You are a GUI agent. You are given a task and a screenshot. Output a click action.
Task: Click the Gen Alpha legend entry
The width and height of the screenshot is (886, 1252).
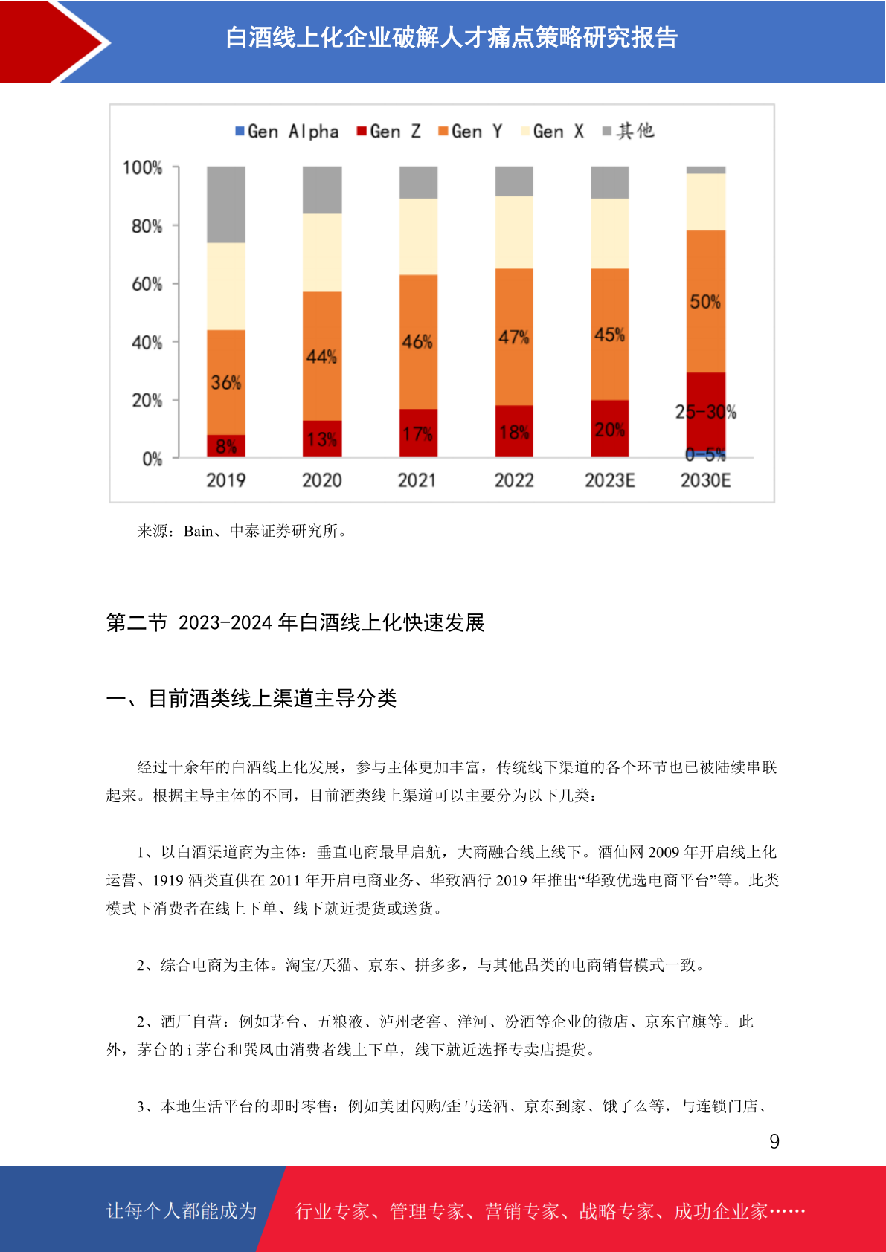pos(287,132)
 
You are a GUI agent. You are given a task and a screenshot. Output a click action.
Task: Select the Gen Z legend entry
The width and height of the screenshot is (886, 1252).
pos(389,132)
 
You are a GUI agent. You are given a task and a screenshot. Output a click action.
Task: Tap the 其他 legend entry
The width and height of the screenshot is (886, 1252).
pos(628,131)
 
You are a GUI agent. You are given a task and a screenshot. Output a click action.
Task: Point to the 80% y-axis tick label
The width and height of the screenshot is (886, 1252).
pos(147,226)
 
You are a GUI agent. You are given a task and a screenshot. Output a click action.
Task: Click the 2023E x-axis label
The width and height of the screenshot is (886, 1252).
pos(610,480)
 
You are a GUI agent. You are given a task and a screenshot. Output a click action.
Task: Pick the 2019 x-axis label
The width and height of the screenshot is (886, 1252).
pos(226,480)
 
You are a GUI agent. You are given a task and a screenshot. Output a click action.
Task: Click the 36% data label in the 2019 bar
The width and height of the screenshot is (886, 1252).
pos(226,382)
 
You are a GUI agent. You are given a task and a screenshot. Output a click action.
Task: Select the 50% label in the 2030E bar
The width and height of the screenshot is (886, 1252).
pos(705,302)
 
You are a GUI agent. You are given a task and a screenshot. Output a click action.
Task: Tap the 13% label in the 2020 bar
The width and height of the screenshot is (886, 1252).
pos(321,439)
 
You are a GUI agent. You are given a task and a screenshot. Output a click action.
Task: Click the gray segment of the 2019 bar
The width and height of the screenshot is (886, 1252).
pos(226,204)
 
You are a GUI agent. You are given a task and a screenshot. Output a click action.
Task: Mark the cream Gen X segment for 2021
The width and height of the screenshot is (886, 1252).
pos(418,236)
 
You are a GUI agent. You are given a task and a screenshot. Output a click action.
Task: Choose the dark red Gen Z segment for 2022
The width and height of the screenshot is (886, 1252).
pos(514,431)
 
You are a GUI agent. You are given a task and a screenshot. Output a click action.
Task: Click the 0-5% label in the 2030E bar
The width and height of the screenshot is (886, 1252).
pos(705,454)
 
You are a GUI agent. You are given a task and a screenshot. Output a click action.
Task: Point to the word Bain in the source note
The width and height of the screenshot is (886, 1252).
pos(198,531)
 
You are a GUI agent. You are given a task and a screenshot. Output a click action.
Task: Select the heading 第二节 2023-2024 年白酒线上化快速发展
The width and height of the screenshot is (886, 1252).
pos(295,622)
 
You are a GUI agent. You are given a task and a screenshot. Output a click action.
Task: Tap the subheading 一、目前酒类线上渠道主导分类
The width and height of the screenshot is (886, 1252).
pos(251,699)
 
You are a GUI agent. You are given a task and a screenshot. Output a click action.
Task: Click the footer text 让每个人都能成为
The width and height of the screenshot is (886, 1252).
pos(182,1210)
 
